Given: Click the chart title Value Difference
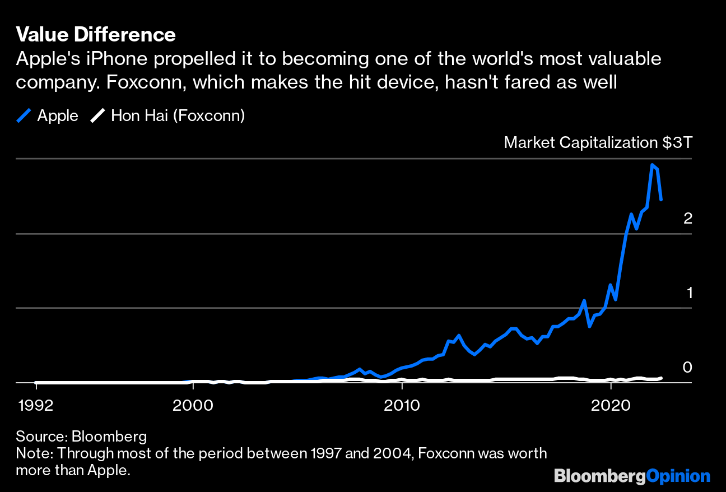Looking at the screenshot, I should pyautogui.click(x=96, y=35).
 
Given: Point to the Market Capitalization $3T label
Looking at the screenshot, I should pyautogui.click(x=598, y=142).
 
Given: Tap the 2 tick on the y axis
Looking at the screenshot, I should pyautogui.click(x=688, y=219).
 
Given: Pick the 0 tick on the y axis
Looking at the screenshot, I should pyautogui.click(x=688, y=368).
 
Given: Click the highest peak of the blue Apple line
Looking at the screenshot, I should pyautogui.click(x=651, y=165).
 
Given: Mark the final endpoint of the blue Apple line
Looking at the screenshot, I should pyautogui.click(x=662, y=199).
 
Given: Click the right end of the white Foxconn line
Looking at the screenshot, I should pyautogui.click(x=662, y=378).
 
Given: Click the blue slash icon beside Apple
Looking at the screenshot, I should pyautogui.click(x=24, y=116).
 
